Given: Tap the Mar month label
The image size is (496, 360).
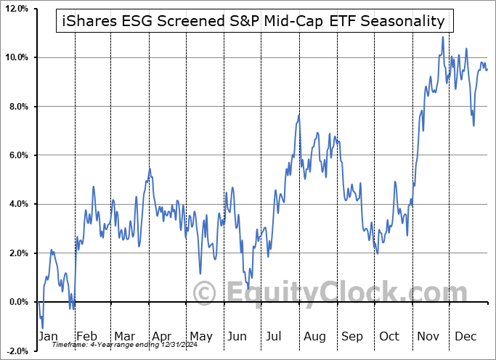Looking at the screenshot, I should (x=124, y=336).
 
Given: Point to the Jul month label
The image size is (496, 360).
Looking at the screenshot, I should (x=273, y=336).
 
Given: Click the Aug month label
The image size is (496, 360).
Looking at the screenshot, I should (x=315, y=336).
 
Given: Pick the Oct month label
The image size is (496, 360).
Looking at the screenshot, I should (x=389, y=336).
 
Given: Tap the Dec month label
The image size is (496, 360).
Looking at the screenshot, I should (x=464, y=336).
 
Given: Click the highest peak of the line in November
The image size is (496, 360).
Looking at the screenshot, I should (x=442, y=37).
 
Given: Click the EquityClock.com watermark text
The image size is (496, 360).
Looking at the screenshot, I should (x=320, y=294).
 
